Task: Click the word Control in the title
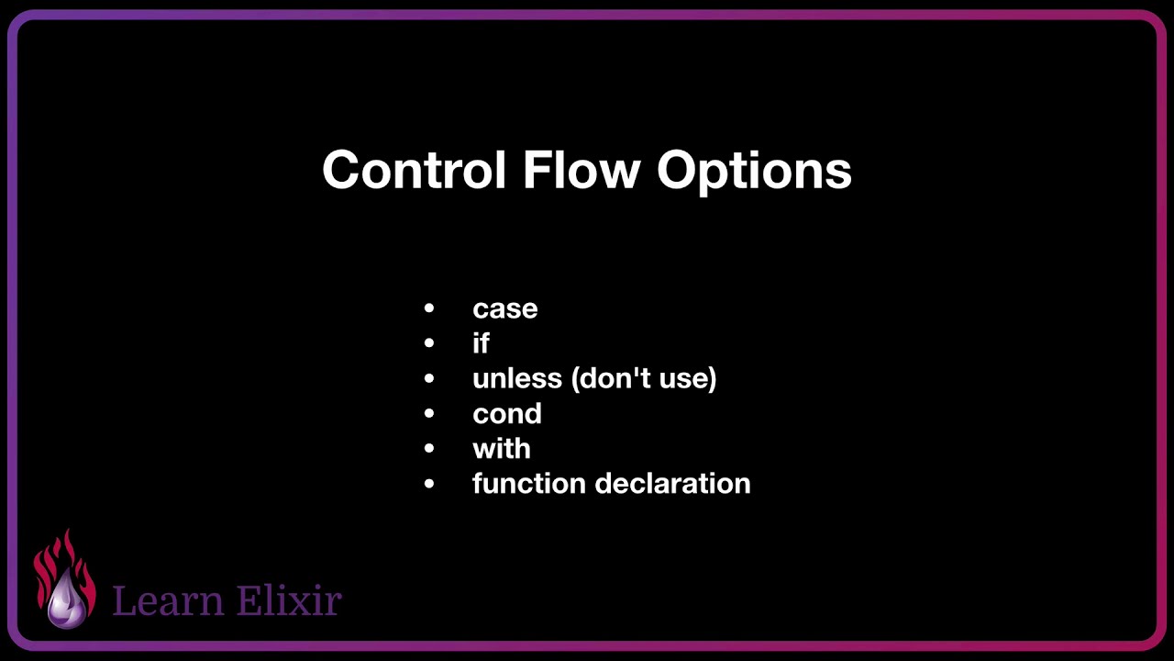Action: click(414, 171)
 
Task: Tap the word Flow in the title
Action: click(581, 171)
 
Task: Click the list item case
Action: click(504, 309)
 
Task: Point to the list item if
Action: click(481, 343)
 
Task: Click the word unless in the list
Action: click(517, 378)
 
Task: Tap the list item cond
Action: click(506, 414)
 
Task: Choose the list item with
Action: click(501, 449)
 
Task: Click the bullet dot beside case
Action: click(429, 309)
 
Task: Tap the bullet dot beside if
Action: click(429, 343)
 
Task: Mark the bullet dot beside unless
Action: click(429, 378)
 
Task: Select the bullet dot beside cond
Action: click(429, 414)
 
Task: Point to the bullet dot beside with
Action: click(429, 449)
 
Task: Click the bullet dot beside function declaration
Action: click(429, 484)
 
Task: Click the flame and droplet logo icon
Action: click(65, 580)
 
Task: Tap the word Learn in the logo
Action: click(168, 600)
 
